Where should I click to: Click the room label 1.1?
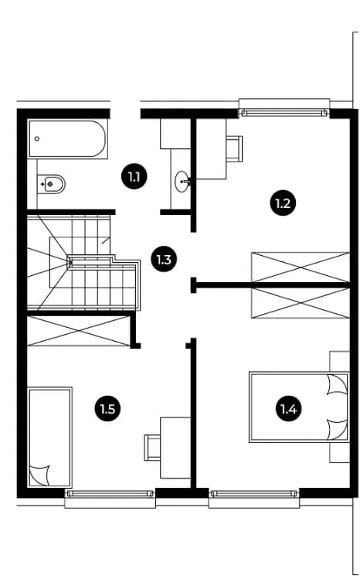tap(134, 176)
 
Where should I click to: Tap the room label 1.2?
tap(283, 203)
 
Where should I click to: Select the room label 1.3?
tap(164, 259)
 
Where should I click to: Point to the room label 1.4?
tap(288, 409)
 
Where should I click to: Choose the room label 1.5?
tap(107, 409)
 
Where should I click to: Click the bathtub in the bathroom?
tap(67, 138)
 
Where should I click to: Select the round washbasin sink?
tap(182, 181)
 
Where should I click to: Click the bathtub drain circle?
tap(36, 138)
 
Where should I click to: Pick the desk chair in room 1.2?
tap(234, 148)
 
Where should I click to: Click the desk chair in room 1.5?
tap(152, 448)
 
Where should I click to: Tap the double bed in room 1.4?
tap(299, 407)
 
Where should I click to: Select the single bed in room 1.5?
tap(50, 437)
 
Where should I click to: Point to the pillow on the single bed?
tap(40, 475)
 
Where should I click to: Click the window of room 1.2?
tap(284, 112)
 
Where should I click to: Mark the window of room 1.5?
tap(110, 493)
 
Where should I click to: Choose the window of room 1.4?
tap(254, 493)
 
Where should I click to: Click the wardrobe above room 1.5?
tap(78, 331)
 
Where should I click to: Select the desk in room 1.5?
tap(175, 448)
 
